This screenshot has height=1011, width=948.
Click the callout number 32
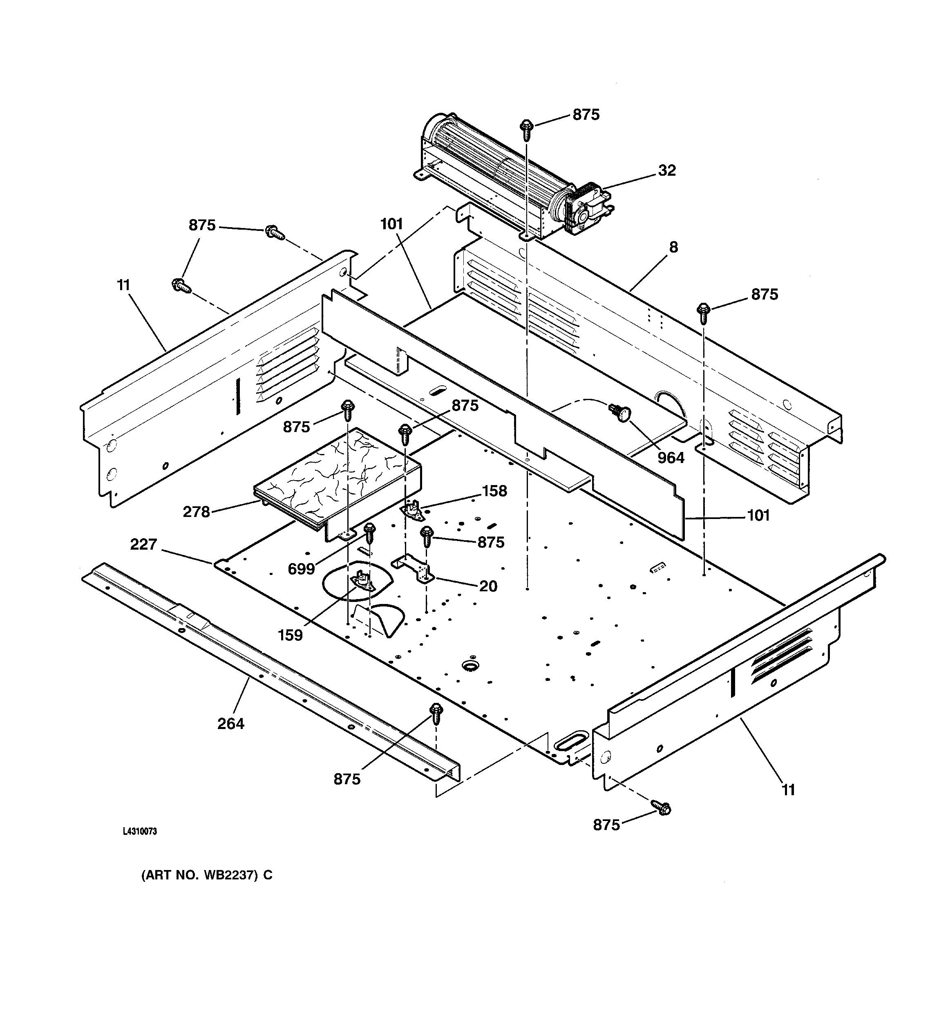tap(667, 170)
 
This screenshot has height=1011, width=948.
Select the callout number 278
tap(196, 512)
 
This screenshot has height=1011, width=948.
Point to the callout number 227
tap(143, 545)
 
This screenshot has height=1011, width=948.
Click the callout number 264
tap(230, 723)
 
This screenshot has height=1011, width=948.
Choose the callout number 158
tap(494, 491)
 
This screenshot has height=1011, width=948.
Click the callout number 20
tap(488, 586)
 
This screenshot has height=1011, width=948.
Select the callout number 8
tap(673, 248)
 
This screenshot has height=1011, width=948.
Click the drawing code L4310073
tap(140, 832)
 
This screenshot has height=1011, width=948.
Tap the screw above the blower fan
tap(527, 129)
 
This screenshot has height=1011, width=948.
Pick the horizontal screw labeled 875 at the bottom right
tap(661, 807)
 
